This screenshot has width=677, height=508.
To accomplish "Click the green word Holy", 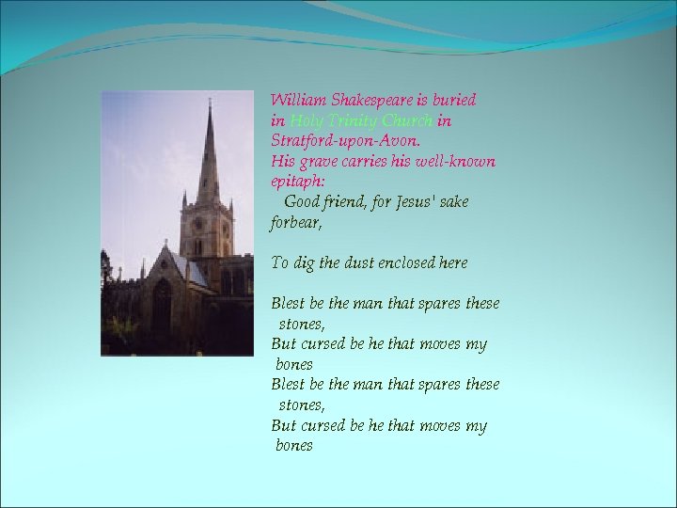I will click(x=306, y=121).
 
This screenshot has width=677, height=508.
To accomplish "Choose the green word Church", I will click(x=407, y=121).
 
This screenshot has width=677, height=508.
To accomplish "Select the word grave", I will click(x=312, y=162).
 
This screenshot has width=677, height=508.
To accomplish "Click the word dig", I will click(x=304, y=263).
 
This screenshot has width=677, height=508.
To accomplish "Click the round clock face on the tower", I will click(x=197, y=224).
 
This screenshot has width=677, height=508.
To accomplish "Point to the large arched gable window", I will click(x=163, y=303).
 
